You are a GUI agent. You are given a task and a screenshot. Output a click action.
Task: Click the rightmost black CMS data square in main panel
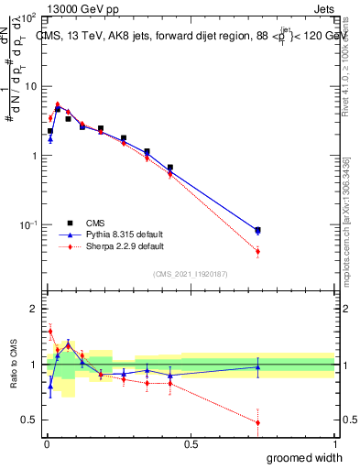pyautogui.click(x=257, y=230)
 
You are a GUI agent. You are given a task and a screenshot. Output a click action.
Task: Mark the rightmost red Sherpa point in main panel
pyautogui.click(x=257, y=251)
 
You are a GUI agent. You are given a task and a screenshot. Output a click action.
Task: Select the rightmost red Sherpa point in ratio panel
pyautogui.click(x=257, y=423)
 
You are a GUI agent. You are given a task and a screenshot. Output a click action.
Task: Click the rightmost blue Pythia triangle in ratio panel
pyautogui.click(x=257, y=366)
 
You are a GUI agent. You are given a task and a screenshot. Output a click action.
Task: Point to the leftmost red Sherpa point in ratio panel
pyautogui.click(x=50, y=332)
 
